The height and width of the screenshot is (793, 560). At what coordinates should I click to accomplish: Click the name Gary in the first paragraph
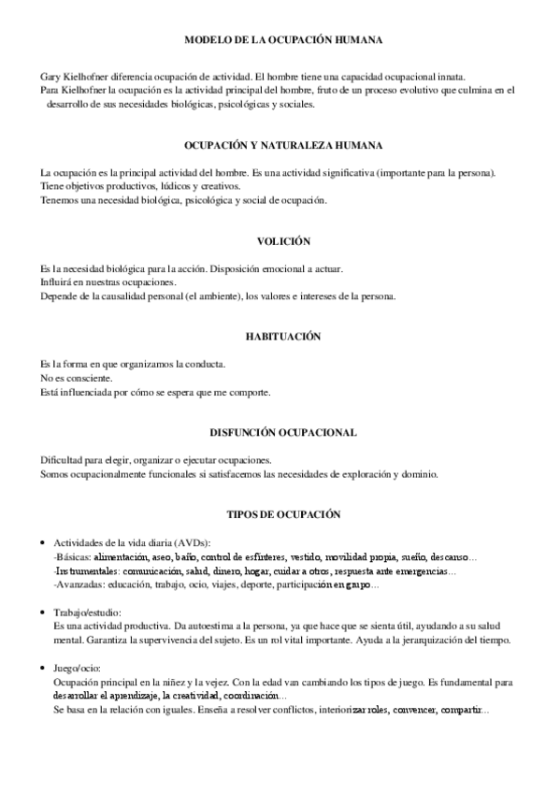(x=50, y=76)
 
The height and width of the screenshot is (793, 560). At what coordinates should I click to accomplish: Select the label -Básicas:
(x=72, y=557)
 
